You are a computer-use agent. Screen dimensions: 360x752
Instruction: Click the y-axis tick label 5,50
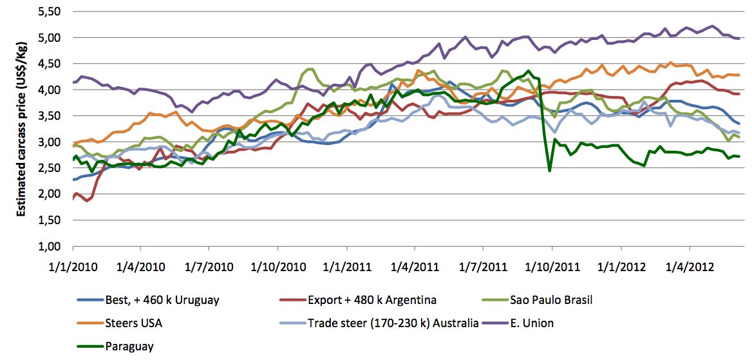(x=52, y=12)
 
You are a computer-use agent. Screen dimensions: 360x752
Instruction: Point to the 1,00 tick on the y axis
(x=52, y=246)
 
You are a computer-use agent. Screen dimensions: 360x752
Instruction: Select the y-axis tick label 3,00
(x=52, y=142)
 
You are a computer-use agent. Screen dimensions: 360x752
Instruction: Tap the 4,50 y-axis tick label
(x=52, y=64)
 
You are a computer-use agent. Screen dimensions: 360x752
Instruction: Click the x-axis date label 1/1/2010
(x=73, y=264)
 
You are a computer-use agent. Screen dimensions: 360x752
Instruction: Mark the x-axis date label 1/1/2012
(x=621, y=264)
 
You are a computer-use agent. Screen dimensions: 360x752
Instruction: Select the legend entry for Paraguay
(x=129, y=346)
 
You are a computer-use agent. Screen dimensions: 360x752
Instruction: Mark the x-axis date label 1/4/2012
(x=689, y=264)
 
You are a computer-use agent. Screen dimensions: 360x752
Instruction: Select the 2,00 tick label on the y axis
(x=52, y=194)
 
